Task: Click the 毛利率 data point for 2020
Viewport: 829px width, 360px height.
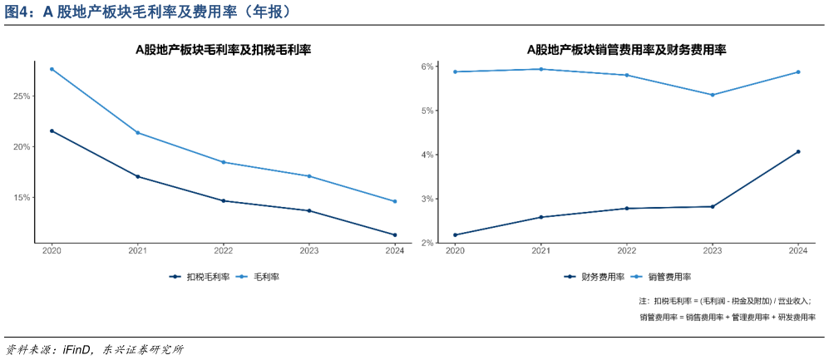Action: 52,69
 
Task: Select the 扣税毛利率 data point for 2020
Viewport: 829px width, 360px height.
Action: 52,131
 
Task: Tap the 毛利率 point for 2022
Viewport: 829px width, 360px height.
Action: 224,162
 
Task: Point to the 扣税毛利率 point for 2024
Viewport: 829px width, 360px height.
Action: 395,234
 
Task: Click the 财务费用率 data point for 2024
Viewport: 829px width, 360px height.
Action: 798,151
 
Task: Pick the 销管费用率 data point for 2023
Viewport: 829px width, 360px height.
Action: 713,95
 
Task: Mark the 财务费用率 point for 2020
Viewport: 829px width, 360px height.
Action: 455,234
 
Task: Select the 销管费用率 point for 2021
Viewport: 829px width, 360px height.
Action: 541,69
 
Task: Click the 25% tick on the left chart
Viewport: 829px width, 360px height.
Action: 22,96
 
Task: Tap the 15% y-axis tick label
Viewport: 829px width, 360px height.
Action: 22,198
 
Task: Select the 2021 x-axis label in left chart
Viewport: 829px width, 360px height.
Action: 137,250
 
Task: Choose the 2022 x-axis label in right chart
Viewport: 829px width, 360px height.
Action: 627,250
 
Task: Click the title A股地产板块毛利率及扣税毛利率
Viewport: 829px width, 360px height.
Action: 223,50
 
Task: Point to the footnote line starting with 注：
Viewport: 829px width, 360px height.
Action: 724,301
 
